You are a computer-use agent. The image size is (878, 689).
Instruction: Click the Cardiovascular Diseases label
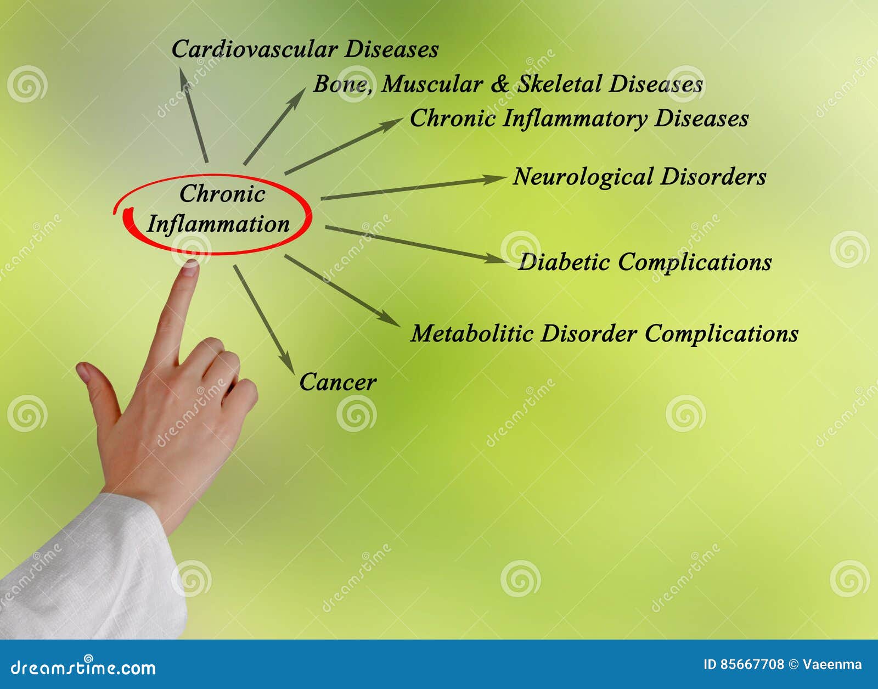tap(305, 49)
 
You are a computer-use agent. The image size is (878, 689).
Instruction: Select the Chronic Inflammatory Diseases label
tap(579, 119)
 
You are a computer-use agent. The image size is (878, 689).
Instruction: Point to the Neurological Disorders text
tap(639, 177)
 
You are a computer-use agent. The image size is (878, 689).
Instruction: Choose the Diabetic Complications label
tap(645, 262)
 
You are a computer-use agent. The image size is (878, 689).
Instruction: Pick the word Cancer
tap(337, 382)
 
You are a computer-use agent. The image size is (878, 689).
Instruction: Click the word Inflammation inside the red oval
tap(218, 224)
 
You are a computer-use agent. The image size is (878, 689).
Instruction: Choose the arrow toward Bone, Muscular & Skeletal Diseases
tap(274, 126)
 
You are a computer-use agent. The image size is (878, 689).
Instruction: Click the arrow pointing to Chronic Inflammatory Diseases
tap(344, 146)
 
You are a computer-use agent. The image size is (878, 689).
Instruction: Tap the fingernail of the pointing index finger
tap(189, 267)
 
